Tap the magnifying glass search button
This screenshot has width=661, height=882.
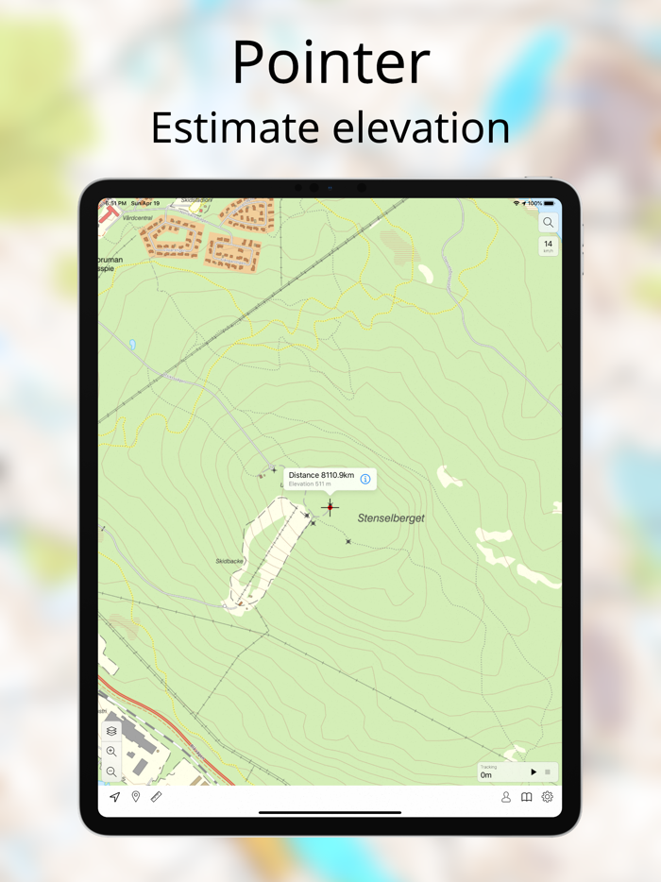point(548,223)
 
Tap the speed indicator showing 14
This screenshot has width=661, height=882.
point(548,246)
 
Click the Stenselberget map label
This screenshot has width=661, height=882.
point(391,518)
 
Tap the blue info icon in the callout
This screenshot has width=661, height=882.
point(365,479)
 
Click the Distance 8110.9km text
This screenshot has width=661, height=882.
point(321,475)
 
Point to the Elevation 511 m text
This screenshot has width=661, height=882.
point(310,484)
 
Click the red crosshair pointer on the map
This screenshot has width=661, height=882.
point(330,507)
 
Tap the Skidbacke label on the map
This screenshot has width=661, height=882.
point(229,561)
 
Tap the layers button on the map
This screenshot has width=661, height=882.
point(111,731)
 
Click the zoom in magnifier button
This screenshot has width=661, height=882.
point(111,752)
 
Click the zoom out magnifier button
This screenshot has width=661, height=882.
point(111,772)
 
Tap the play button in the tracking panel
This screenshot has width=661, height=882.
point(533,772)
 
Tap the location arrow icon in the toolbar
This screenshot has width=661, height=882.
point(115,797)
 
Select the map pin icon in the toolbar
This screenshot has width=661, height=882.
point(136,797)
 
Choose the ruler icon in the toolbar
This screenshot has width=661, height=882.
point(157,797)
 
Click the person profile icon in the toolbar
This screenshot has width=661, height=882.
point(506,797)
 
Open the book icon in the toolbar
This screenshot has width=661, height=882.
point(527,797)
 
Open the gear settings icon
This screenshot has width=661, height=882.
point(548,797)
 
